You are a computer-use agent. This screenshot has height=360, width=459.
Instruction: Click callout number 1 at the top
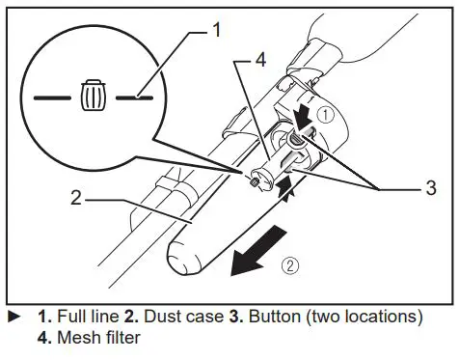[x=217, y=30]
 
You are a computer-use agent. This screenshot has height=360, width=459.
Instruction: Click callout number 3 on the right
[x=430, y=188]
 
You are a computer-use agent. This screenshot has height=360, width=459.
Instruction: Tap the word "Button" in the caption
[x=275, y=317]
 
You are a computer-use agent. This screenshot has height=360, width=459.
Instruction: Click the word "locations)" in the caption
[x=389, y=317]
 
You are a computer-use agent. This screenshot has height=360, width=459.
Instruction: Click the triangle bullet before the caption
[x=13, y=317]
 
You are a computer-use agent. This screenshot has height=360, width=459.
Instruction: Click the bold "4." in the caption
[x=44, y=338]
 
